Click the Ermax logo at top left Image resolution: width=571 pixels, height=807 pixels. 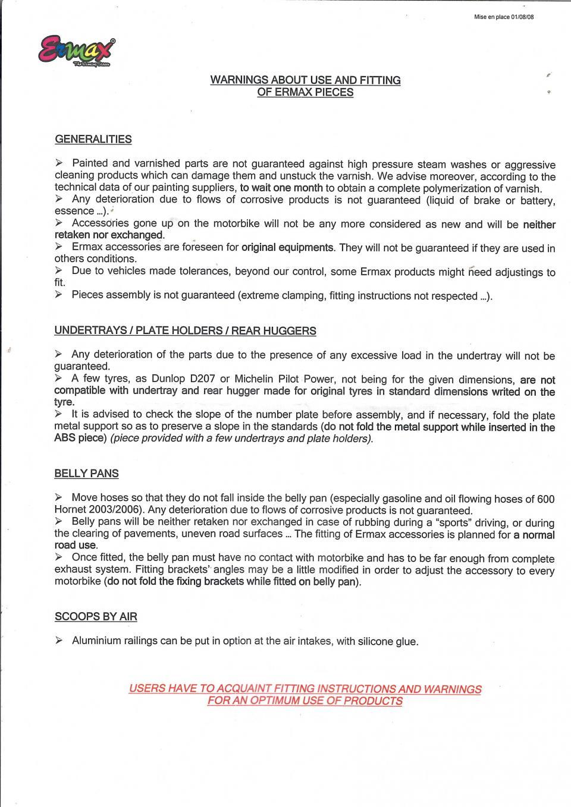coord(76,52)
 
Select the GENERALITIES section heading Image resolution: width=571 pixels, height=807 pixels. coord(93,140)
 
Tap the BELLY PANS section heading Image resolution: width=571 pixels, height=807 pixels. coord(86,474)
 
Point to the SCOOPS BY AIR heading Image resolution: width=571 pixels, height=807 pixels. coord(96,617)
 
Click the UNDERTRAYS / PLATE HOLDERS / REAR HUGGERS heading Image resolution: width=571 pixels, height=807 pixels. coord(185,331)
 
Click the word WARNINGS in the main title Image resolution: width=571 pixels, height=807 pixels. coord(238,80)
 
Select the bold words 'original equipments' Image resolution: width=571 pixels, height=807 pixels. coord(288,247)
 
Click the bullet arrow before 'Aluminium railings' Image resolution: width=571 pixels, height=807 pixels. coord(58,641)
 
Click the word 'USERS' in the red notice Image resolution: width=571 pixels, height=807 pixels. coord(146,689)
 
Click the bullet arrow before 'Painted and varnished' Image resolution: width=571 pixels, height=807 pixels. coord(58,163)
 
